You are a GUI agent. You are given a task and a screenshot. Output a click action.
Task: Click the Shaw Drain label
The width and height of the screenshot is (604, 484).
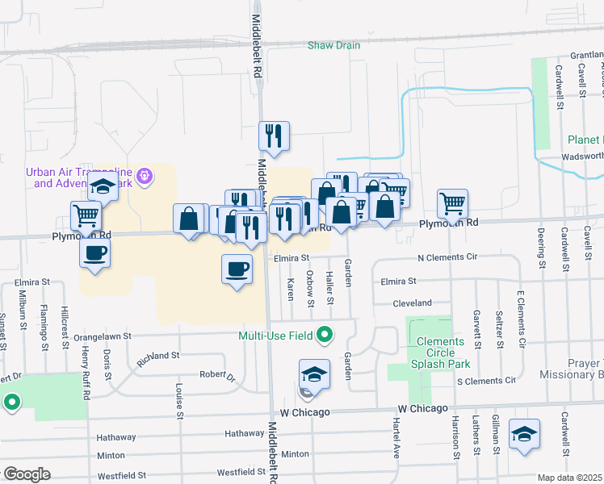333,45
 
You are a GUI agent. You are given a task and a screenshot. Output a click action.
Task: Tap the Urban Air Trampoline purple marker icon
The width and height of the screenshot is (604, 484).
145,174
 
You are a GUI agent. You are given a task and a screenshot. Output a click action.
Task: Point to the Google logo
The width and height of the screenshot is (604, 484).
27,474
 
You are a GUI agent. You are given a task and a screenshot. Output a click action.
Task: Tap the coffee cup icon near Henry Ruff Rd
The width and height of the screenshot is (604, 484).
94,253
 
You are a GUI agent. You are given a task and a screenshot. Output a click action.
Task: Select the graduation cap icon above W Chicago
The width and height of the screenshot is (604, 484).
314,374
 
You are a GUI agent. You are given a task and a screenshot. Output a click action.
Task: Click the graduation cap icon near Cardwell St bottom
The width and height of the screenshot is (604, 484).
524,436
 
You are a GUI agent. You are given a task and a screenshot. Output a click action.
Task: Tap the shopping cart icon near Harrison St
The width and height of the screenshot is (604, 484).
452,203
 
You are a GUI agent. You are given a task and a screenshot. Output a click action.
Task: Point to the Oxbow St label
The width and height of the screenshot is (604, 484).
310,287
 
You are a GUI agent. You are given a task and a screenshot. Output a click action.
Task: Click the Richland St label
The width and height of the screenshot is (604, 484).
157,355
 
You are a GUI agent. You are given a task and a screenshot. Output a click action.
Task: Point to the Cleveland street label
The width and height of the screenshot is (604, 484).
412,302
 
